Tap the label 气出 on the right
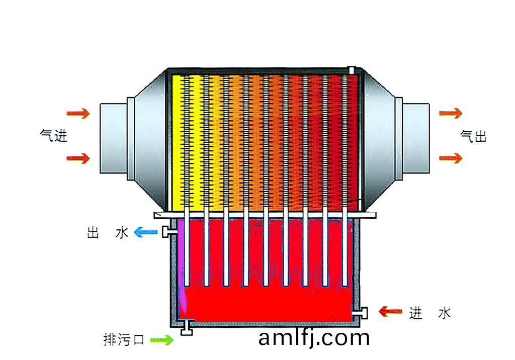click(473, 136)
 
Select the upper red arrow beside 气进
click(78, 114)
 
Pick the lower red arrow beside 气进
click(78, 158)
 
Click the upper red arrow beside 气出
click(451, 113)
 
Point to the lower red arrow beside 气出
click(451, 158)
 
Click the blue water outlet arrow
click(145, 232)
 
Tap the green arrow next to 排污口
click(161, 339)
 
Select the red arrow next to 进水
click(390, 311)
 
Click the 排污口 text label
click(124, 339)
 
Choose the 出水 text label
click(108, 233)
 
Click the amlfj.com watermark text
click(314, 338)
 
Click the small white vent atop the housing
click(352, 70)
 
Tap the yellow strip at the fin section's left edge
click(177, 143)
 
